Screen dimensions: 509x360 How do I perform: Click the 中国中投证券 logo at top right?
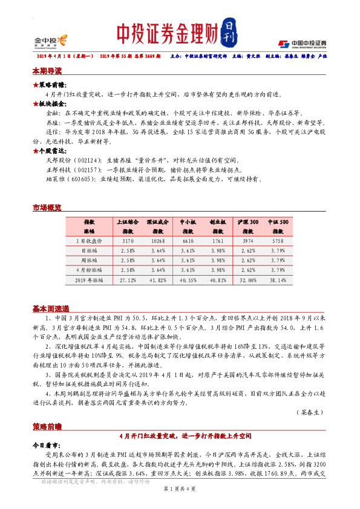302,44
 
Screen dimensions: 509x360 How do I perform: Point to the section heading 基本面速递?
50,308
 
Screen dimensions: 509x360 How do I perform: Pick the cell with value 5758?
279,241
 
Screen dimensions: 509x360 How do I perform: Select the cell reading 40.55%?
188,280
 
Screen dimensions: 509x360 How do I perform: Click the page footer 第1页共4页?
180,496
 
